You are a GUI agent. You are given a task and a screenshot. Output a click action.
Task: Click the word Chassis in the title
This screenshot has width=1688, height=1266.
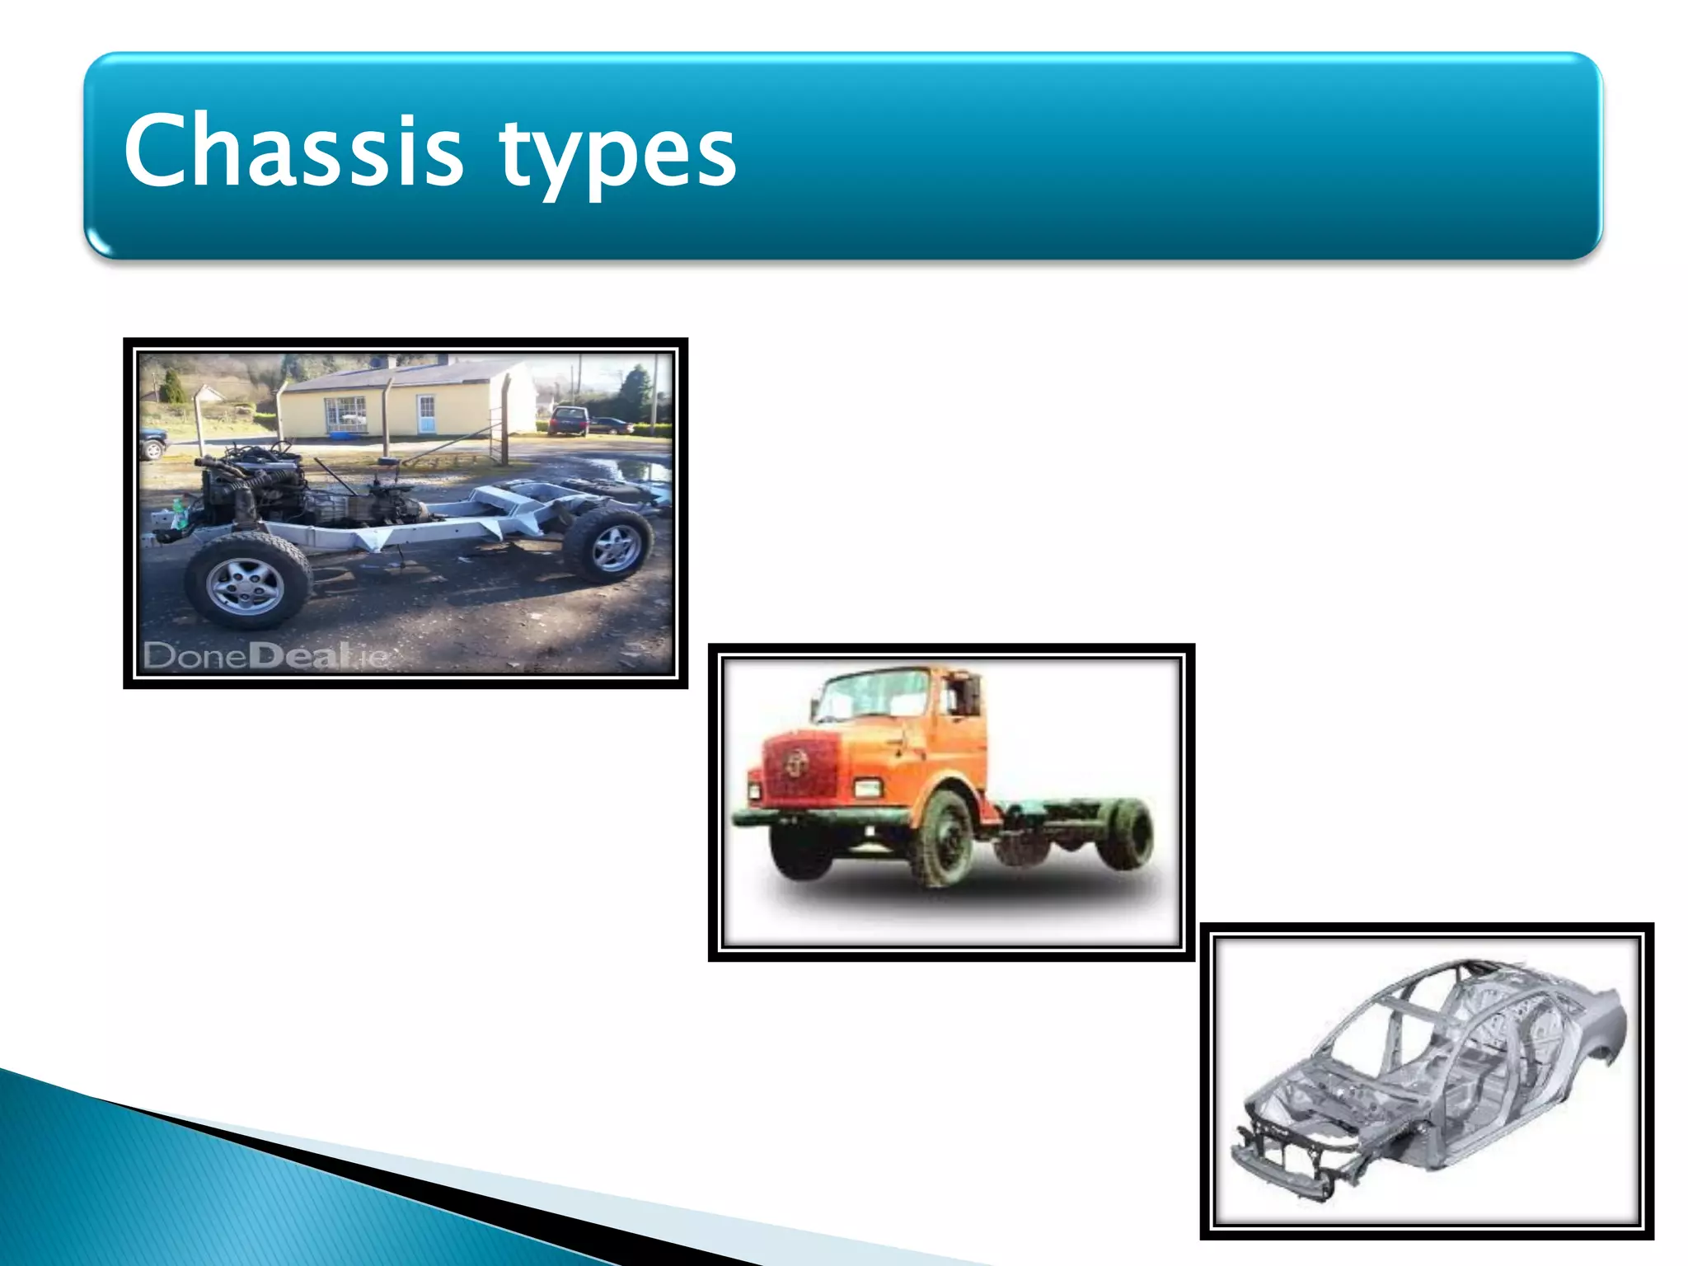pos(293,151)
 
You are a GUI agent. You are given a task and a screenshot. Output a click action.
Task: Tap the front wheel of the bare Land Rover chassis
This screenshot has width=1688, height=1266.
pos(246,583)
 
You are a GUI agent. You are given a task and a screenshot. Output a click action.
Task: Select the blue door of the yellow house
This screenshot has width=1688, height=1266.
pos(425,413)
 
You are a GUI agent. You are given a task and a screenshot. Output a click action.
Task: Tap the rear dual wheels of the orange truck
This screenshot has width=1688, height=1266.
pos(1125,832)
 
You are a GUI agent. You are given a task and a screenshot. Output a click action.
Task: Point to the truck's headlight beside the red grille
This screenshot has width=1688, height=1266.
pos(866,788)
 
